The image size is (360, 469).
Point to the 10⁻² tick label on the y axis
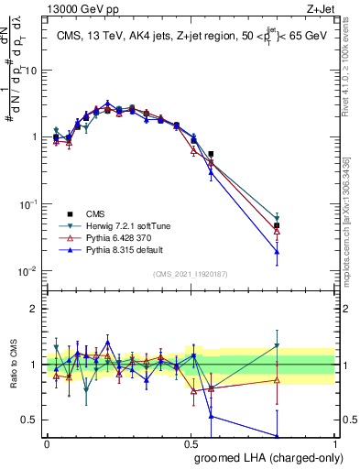(x=28, y=271)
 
